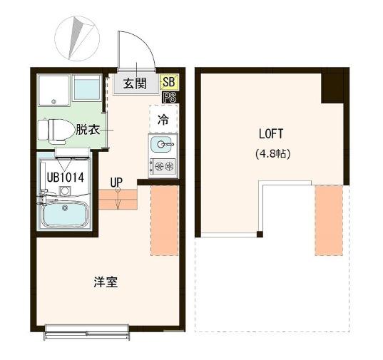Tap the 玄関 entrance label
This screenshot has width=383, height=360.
[x=135, y=84]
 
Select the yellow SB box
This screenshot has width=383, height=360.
[x=169, y=82]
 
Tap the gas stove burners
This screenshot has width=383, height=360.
[x=163, y=167]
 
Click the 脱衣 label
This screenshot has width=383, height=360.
[x=88, y=130]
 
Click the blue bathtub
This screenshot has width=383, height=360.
[x=64, y=214]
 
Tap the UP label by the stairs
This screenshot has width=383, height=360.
[x=117, y=182]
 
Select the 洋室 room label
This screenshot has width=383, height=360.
[x=106, y=282]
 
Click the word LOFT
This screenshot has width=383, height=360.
[x=271, y=133]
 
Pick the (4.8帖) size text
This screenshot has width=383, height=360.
[x=271, y=153]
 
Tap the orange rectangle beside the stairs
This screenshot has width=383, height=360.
[x=163, y=221]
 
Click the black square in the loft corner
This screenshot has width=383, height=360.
[x=335, y=88]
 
